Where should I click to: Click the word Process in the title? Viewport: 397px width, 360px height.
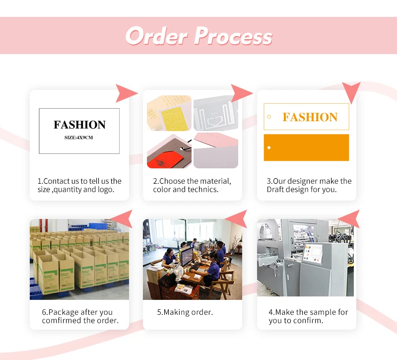tap(233, 37)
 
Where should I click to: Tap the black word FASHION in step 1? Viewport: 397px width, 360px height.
tap(79, 125)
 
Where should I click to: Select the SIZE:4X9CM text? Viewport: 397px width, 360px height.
tap(79, 137)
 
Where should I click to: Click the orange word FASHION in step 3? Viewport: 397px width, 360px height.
tap(310, 117)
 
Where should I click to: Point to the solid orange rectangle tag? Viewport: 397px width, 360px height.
tap(306, 147)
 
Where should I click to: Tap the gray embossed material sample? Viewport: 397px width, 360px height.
tap(215, 113)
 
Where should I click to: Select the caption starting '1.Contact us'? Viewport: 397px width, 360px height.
tap(79, 185)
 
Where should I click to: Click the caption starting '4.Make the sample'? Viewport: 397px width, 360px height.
tap(308, 316)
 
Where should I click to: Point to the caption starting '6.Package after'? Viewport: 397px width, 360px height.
tap(80, 316)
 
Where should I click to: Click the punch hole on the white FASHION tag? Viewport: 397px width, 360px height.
tap(269, 117)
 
